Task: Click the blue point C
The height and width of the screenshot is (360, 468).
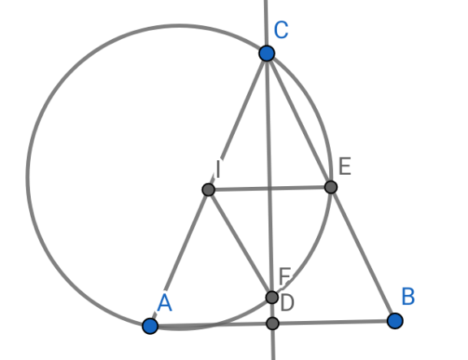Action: click(266, 54)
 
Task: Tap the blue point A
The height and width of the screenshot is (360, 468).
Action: click(150, 326)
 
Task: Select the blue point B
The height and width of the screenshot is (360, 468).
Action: click(395, 321)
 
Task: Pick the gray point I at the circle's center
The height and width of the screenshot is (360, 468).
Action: click(208, 189)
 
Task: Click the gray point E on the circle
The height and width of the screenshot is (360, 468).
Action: click(331, 187)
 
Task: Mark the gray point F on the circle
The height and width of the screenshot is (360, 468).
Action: click(272, 297)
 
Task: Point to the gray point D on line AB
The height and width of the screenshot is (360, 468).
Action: click(272, 323)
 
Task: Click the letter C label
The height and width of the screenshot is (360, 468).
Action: click(281, 30)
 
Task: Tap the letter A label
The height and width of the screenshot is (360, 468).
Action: click(164, 302)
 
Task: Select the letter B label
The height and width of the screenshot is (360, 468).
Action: click(409, 296)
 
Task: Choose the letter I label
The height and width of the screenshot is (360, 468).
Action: click(219, 169)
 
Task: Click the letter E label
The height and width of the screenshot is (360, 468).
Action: click(345, 166)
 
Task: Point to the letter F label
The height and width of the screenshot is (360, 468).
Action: click(284, 275)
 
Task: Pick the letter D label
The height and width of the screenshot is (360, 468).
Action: click(288, 303)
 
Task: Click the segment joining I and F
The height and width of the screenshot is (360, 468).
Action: click(240, 244)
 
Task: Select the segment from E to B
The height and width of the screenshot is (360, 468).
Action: click(363, 254)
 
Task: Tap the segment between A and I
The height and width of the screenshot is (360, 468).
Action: click(179, 258)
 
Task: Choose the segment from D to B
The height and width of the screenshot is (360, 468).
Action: click(334, 323)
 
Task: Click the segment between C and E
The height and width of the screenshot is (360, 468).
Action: click(299, 120)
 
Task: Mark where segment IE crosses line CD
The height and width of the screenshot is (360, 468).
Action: click(270, 189)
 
